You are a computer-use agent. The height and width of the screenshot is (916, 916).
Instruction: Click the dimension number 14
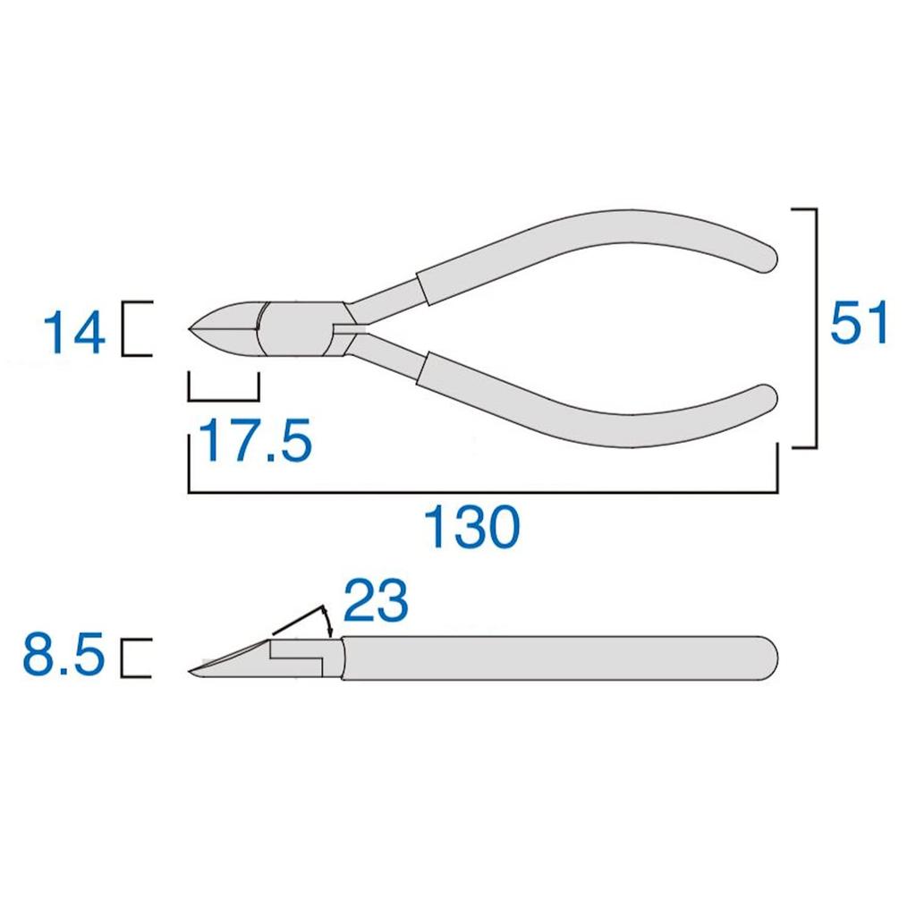[73, 333]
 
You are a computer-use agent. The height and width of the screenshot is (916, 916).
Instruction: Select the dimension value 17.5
[255, 440]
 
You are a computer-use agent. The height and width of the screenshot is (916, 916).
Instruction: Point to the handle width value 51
[859, 324]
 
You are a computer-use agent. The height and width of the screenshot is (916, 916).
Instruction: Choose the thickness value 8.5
[64, 657]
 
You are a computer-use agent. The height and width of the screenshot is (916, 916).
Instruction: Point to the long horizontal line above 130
[483, 491]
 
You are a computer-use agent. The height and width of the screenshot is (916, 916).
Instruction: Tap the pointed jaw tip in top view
[191, 329]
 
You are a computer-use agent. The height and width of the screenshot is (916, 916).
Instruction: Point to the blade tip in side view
[192, 670]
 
